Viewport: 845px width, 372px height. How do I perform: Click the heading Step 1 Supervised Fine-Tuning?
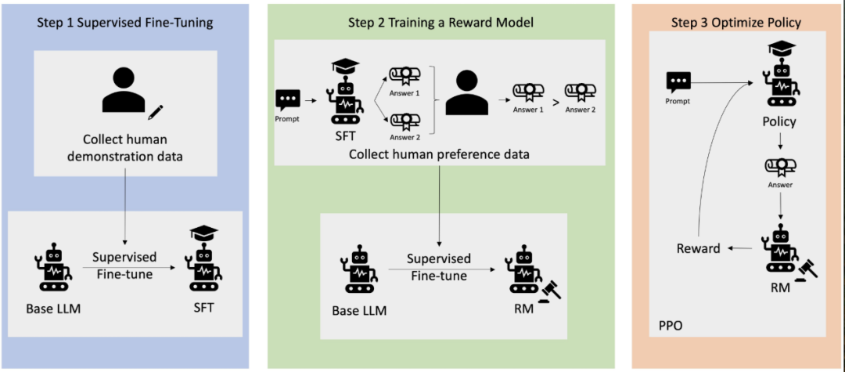pos(125,23)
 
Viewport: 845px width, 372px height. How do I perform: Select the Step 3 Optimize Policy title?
pos(736,23)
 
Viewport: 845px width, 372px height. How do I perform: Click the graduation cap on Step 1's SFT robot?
pos(203,233)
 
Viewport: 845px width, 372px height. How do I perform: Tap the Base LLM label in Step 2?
pos(359,311)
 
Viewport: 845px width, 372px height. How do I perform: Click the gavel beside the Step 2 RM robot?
pos(549,291)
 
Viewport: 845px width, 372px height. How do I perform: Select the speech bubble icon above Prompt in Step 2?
pos(287,100)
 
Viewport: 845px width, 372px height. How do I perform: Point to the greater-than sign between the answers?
pos(555,100)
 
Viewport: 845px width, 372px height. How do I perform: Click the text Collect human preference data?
pos(439,155)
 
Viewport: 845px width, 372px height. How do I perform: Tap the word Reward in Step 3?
pos(699,248)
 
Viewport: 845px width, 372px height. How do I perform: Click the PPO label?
pos(671,326)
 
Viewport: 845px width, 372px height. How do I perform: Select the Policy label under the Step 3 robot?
pos(780,122)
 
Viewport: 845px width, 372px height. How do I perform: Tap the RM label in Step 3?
pos(780,288)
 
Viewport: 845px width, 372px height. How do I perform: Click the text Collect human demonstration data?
pos(125,148)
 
